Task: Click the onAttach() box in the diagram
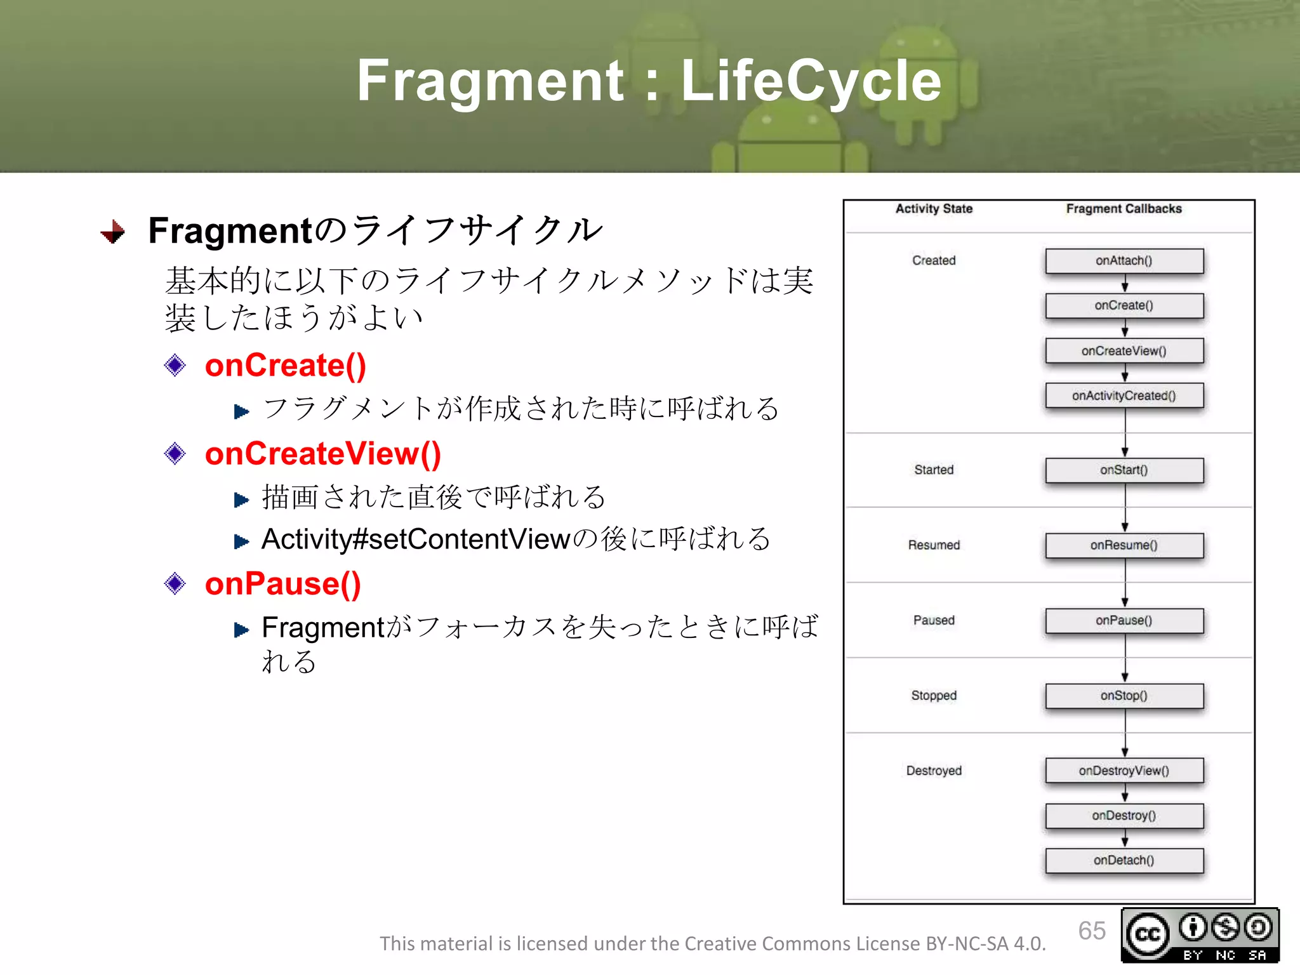tap(1124, 261)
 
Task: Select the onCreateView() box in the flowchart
tap(1124, 350)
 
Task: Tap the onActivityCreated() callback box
tap(1124, 395)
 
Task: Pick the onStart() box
tap(1124, 470)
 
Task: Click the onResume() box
tap(1124, 545)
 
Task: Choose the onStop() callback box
tap(1124, 696)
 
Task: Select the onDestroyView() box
tap(1124, 771)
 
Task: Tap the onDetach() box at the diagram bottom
tap(1124, 860)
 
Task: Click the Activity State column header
tap(934, 209)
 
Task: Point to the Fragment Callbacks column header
tap(1124, 209)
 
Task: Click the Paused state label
tap(934, 620)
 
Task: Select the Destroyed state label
tap(934, 771)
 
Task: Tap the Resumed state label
tap(934, 545)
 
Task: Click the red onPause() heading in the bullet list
tap(282, 583)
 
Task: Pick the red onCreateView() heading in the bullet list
tap(322, 454)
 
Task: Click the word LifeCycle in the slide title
tap(811, 81)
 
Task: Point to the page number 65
tap(1091, 931)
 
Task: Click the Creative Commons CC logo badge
tap(1148, 934)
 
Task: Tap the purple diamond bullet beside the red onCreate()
tap(175, 366)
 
